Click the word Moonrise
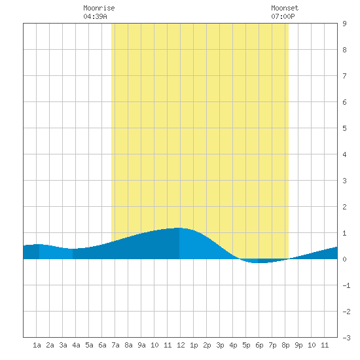pos(99,8)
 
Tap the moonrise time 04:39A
pos(95,16)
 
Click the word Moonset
pos(285,8)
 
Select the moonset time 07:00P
pos(283,16)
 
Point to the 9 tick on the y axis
pos(344,24)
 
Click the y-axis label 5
pos(344,128)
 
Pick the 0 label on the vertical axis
pos(344,259)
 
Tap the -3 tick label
pos(346,338)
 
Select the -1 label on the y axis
pos(346,285)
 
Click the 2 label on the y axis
pos(344,207)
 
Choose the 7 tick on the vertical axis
pos(344,76)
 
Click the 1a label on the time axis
pos(37,345)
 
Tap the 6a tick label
pos(102,345)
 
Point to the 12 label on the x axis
pos(181,345)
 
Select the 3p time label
pos(220,345)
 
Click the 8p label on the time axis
pos(285,345)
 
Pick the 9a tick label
pos(141,345)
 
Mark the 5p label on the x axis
pos(246,345)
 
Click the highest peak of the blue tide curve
pos(179,228)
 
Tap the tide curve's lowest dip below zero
pos(259,262)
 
